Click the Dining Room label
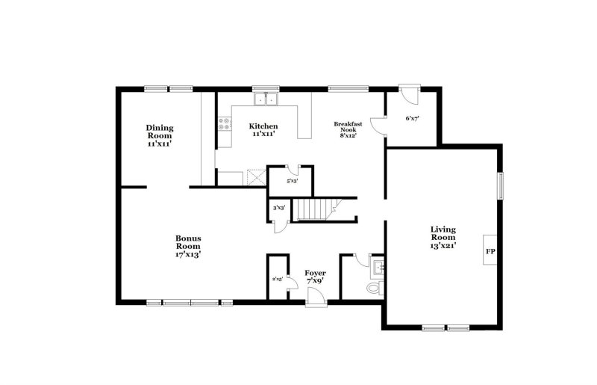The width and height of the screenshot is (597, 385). (x=159, y=135)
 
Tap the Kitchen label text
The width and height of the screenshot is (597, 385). (x=263, y=129)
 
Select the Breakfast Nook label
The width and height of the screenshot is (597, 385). (x=348, y=129)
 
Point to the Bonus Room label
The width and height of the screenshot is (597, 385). (x=188, y=246)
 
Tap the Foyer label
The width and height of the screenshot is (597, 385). (x=315, y=278)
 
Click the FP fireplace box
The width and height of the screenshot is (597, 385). (x=490, y=252)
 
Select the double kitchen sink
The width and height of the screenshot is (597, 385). (x=265, y=99)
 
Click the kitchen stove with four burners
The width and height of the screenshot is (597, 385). (x=223, y=124)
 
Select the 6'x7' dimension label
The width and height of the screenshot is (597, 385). (x=412, y=118)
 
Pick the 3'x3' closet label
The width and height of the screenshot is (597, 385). (x=279, y=208)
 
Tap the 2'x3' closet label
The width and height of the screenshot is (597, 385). (x=277, y=280)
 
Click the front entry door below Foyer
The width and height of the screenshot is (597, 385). (x=316, y=301)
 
